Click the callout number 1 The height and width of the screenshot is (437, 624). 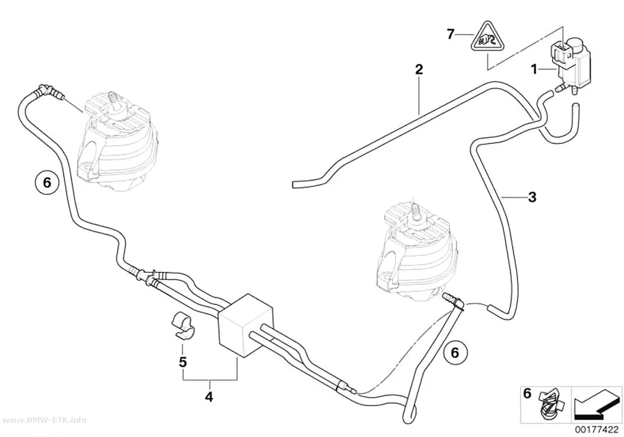click(x=534, y=70)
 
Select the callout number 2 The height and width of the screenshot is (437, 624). click(x=418, y=70)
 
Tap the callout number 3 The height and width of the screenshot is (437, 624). click(x=532, y=197)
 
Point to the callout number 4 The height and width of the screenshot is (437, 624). click(x=209, y=397)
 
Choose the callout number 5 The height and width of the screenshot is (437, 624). click(x=182, y=362)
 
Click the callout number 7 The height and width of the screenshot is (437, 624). click(x=450, y=34)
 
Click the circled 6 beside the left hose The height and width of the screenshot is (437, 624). click(x=47, y=183)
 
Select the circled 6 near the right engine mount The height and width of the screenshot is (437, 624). click(x=455, y=352)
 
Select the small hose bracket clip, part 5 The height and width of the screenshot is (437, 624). click(x=183, y=326)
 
